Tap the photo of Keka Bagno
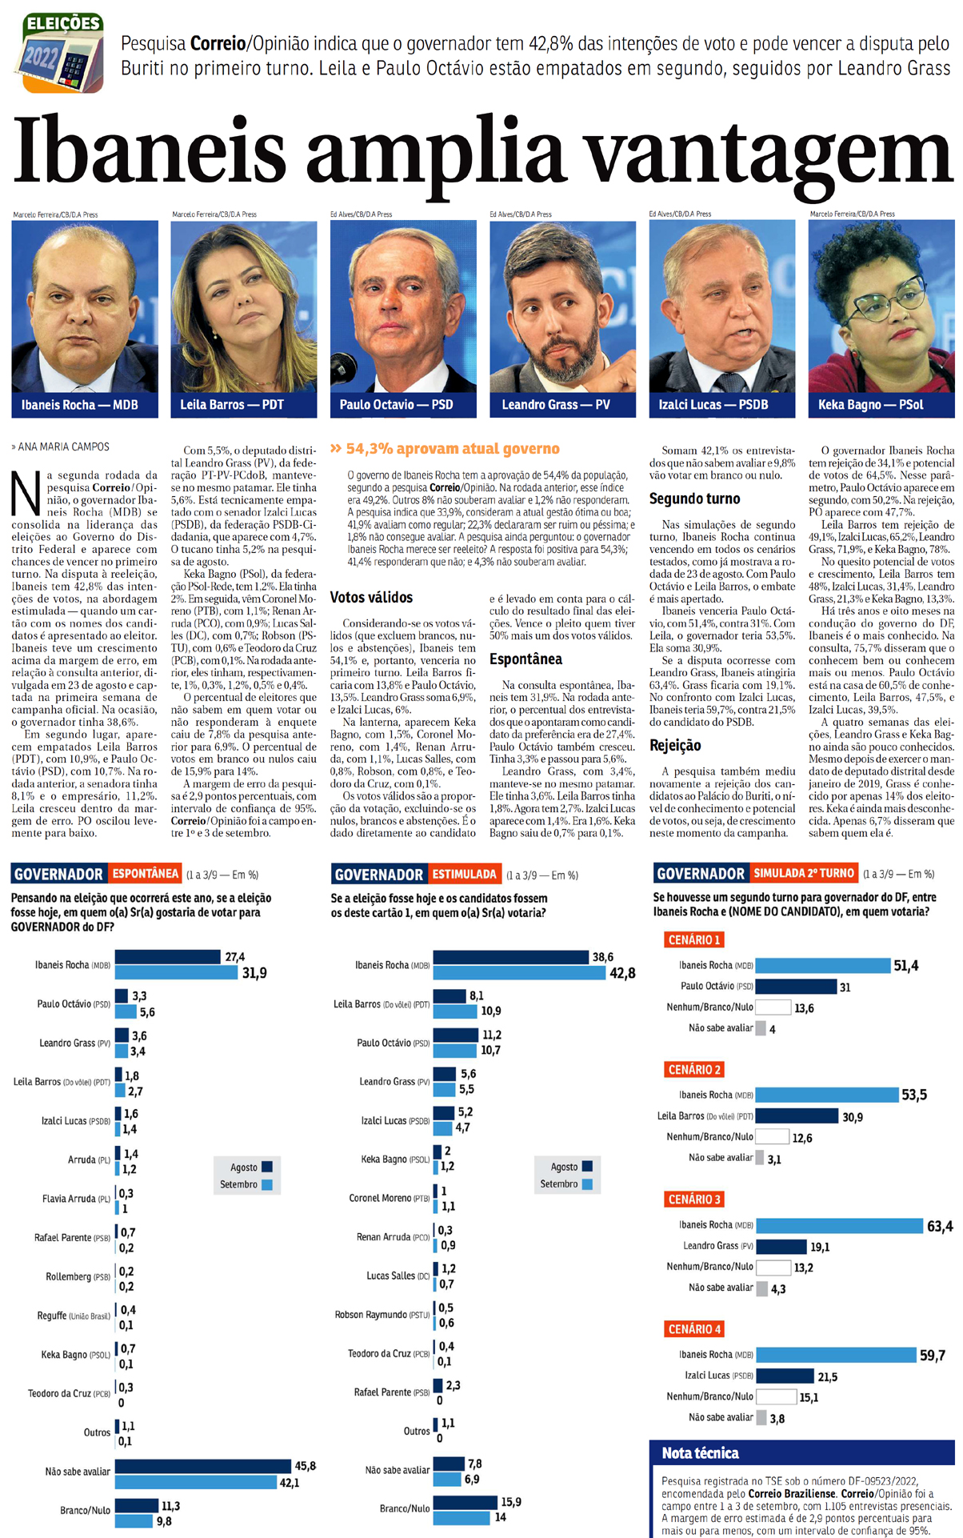pyautogui.click(x=881, y=308)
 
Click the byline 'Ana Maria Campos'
pyautogui.click(x=64, y=447)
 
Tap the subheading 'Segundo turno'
pyautogui.click(x=694, y=499)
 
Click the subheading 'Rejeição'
pyautogui.click(x=675, y=745)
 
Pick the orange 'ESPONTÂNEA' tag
pyautogui.click(x=145, y=874)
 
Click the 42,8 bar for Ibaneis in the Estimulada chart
pyautogui.click(x=519, y=973)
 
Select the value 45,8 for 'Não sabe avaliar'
pyautogui.click(x=305, y=1466)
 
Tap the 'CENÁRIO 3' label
pyautogui.click(x=694, y=1200)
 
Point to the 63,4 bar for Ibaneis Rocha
pyautogui.click(x=839, y=1225)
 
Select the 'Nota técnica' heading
pyautogui.click(x=700, y=1452)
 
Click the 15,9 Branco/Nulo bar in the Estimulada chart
pyautogui.click(x=464, y=1502)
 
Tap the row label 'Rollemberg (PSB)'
pyautogui.click(x=78, y=1276)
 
